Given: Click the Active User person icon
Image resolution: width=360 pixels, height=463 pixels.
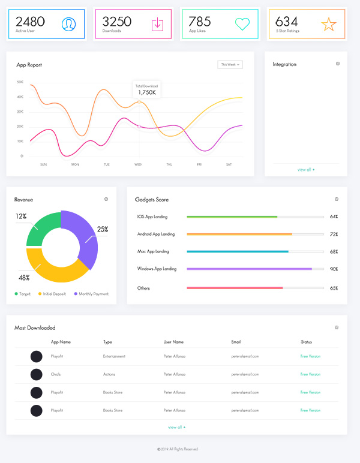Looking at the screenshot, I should [x=68, y=24].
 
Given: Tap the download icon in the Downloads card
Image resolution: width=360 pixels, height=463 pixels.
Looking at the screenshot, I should [x=157, y=24].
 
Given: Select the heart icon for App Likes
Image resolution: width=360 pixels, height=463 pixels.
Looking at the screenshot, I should [x=242, y=24].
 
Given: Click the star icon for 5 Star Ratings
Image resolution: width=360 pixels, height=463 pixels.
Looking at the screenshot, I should [x=329, y=24].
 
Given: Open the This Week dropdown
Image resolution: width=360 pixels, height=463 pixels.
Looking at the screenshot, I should [x=230, y=64].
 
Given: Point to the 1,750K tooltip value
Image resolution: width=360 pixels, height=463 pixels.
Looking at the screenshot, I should [x=147, y=92].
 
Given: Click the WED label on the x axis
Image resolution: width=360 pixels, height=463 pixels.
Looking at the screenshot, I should [x=138, y=164].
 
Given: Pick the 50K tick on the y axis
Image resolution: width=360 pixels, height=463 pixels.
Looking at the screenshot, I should [x=20, y=82].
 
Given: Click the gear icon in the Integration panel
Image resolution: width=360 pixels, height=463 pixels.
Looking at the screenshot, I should [x=338, y=64].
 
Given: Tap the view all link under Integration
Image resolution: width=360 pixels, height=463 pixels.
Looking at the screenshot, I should [x=306, y=170].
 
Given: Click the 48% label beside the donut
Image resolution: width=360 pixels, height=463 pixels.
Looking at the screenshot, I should [x=24, y=278].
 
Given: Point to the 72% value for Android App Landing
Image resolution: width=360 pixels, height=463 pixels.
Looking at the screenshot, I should [x=334, y=234].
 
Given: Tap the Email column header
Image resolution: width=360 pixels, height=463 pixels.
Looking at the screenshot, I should [x=236, y=342].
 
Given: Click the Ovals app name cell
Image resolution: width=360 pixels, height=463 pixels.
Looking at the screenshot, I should [x=56, y=374].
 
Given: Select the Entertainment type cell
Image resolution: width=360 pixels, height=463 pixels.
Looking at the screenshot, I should [x=114, y=356].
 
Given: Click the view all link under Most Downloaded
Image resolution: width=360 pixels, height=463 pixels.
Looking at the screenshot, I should [x=176, y=427].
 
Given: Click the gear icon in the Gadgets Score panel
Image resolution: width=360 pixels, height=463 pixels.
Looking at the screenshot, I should [x=337, y=199].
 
